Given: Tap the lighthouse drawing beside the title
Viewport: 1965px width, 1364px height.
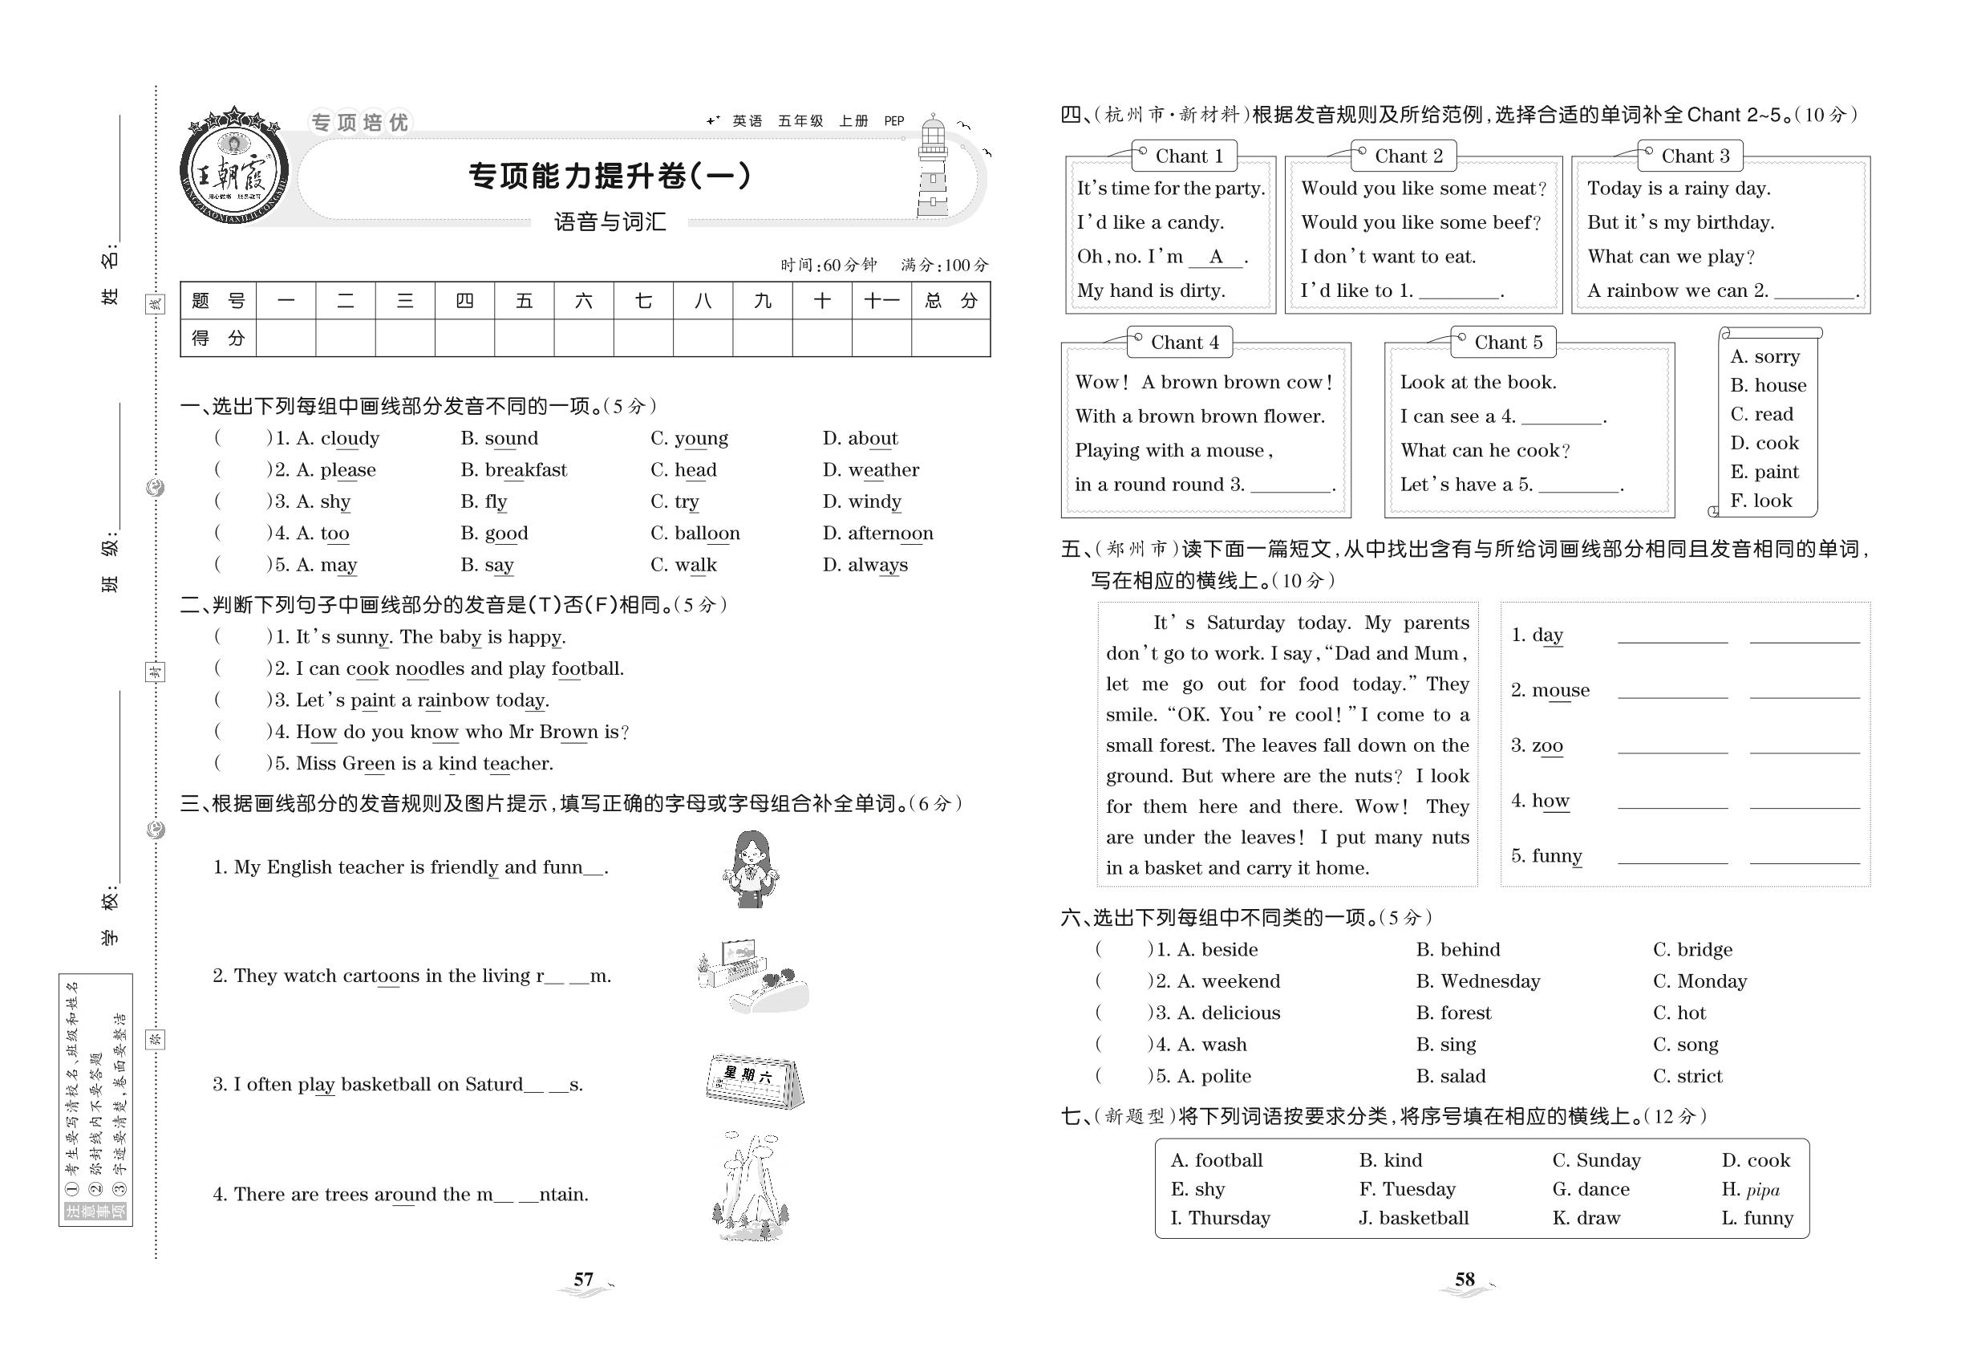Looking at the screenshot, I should [933, 168].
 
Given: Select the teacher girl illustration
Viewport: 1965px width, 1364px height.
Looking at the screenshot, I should [750, 869].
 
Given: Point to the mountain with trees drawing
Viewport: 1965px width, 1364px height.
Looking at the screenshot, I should [750, 1187].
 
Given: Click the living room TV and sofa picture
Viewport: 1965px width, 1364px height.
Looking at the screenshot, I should [752, 976].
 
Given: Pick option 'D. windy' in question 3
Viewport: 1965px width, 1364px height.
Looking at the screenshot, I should [861, 501].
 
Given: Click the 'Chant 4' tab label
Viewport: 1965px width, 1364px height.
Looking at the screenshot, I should [1184, 343].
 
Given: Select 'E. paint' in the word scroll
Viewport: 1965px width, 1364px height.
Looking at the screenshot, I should [1764, 472].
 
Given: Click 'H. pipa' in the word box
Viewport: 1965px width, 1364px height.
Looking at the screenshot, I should [1750, 1190].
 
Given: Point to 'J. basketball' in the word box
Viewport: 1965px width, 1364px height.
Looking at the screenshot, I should [1413, 1219].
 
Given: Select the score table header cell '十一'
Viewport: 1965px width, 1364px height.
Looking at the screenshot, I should [881, 301].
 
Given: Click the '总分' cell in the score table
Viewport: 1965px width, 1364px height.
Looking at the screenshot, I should [950, 301].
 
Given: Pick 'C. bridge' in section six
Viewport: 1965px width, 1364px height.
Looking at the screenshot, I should [1692, 949].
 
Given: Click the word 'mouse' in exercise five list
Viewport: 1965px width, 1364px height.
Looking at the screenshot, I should [1560, 691].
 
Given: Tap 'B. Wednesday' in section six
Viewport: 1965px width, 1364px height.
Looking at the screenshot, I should [1477, 981].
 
